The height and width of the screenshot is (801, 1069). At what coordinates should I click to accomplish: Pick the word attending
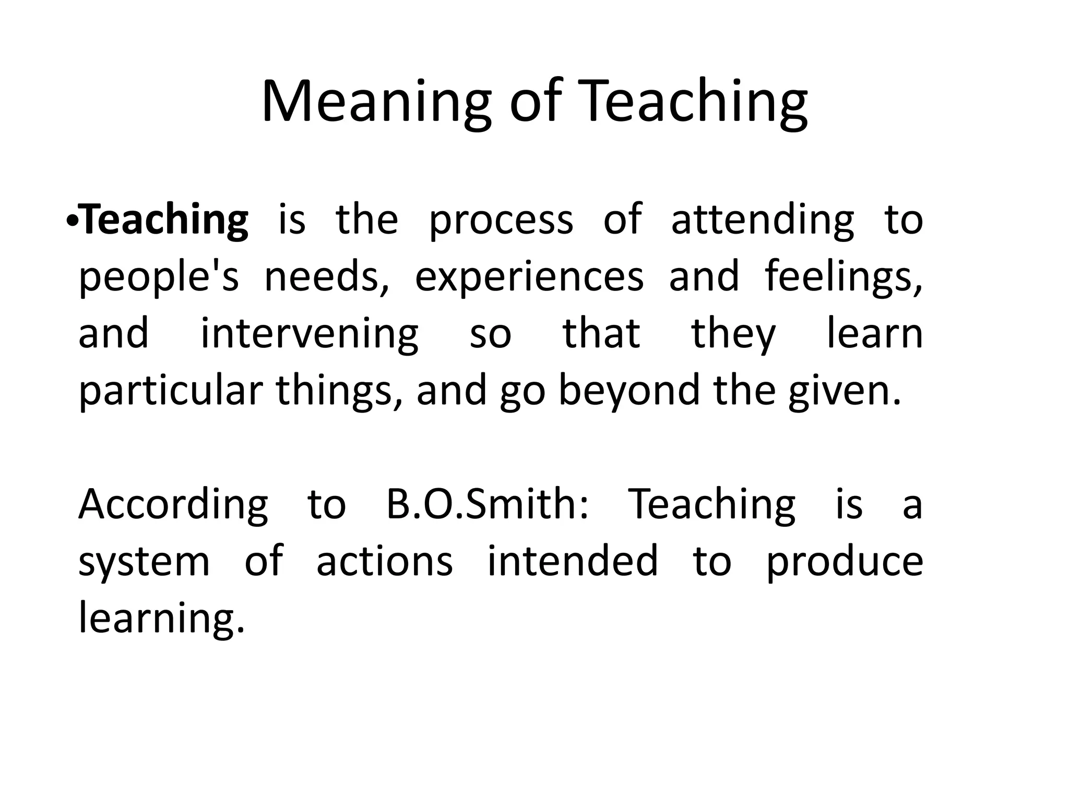762,220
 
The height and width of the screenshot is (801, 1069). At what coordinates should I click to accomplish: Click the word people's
159,277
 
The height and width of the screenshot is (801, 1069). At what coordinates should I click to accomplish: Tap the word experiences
529,277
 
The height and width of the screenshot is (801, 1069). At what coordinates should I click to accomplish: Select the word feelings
843,277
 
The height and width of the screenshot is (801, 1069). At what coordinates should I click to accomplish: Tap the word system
144,562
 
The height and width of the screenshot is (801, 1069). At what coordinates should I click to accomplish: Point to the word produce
845,562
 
